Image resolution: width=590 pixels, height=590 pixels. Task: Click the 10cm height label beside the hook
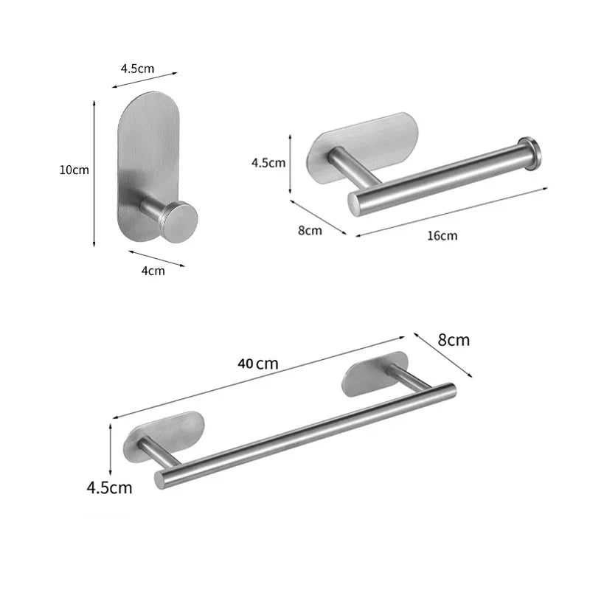tap(74, 170)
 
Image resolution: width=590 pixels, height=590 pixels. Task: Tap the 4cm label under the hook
tap(153, 270)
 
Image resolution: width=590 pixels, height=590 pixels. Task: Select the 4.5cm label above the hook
tap(138, 69)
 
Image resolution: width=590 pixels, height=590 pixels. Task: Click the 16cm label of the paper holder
tap(442, 235)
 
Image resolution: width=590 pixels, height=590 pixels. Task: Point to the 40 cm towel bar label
tap(258, 363)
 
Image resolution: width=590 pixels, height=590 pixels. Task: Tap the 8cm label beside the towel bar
tap(454, 340)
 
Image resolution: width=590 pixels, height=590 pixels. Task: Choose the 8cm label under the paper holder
tap(310, 230)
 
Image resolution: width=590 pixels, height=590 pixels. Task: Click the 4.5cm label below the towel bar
tap(109, 487)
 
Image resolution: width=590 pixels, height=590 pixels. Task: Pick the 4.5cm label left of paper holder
tap(268, 163)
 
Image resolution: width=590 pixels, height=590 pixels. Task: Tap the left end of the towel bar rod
tap(160, 479)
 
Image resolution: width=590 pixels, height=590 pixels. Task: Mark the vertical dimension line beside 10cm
tap(94, 175)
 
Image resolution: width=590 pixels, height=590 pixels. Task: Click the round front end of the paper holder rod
tap(355, 201)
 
